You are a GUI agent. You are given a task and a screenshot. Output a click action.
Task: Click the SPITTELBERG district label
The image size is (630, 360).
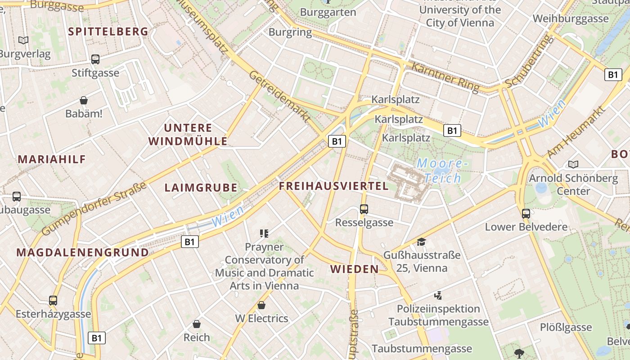[108, 31]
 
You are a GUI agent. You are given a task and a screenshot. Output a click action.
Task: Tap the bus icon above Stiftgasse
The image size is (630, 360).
[95, 59]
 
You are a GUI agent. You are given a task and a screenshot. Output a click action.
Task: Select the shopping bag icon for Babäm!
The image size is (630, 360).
[84, 100]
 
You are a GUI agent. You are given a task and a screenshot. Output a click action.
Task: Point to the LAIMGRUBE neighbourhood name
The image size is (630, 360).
[201, 188]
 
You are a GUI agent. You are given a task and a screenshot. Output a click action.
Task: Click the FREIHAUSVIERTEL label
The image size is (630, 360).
[333, 186]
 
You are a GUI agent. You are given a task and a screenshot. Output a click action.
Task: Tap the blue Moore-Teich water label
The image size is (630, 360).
[439, 171]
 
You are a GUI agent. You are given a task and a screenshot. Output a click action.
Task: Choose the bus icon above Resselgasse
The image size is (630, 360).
[364, 209]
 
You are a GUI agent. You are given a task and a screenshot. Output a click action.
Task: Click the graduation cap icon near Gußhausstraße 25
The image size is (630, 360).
[421, 242]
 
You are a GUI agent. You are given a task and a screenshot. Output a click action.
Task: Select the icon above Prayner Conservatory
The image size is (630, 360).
[264, 233]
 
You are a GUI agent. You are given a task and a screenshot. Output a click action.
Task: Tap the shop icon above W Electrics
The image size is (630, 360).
[261, 306]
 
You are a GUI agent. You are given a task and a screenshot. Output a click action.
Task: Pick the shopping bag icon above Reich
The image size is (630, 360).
[197, 324]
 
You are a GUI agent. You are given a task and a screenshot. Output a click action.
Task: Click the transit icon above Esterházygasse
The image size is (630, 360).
[53, 300]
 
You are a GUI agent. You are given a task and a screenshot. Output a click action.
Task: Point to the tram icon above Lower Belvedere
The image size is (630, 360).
[526, 214]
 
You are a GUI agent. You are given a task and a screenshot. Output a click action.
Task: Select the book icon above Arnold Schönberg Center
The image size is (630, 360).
[573, 165]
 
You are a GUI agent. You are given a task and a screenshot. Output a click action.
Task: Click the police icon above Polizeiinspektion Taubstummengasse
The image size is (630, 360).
[438, 296]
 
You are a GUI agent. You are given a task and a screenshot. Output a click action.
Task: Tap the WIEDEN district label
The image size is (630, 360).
[355, 269]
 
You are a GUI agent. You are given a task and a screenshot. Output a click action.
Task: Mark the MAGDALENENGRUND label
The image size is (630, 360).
[83, 252]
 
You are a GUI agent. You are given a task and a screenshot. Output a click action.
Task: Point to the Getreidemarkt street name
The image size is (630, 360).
[279, 96]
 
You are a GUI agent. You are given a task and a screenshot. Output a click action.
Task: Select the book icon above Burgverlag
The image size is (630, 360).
[23, 40]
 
